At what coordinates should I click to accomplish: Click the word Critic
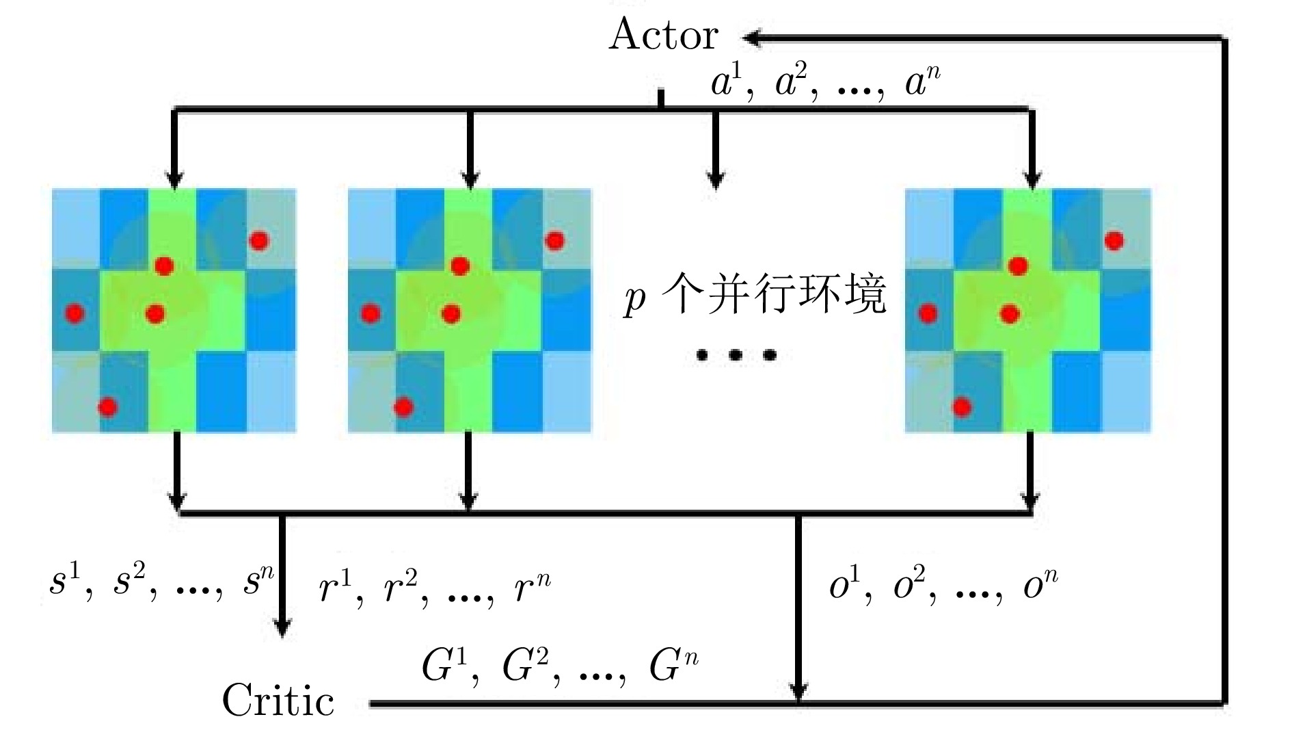click(x=278, y=700)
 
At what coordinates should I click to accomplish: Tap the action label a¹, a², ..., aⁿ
click(x=825, y=84)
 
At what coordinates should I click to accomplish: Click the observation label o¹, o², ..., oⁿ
click(x=943, y=585)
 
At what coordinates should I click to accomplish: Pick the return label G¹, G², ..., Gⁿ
click(x=560, y=665)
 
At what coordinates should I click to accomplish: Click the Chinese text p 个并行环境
click(x=755, y=296)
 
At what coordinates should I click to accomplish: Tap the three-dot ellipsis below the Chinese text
click(x=736, y=354)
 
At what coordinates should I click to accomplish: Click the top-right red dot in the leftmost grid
click(x=258, y=240)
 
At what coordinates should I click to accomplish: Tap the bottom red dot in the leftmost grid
click(x=107, y=407)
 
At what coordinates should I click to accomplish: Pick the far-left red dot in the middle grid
click(x=371, y=314)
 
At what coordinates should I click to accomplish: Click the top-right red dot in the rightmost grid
click(x=1114, y=241)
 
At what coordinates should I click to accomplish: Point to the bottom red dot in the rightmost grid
click(x=962, y=407)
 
